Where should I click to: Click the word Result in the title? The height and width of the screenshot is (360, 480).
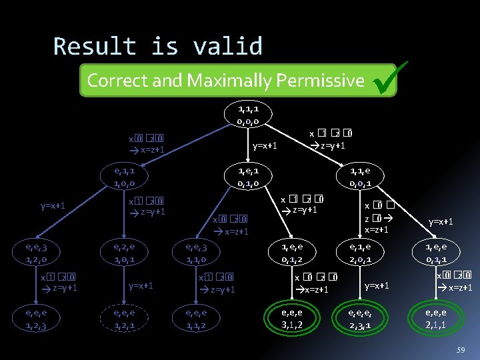95,47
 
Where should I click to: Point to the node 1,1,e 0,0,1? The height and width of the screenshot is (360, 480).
365,177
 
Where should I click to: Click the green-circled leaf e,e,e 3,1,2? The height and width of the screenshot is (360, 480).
291,319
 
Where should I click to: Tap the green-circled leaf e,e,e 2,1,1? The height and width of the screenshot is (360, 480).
439,319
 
